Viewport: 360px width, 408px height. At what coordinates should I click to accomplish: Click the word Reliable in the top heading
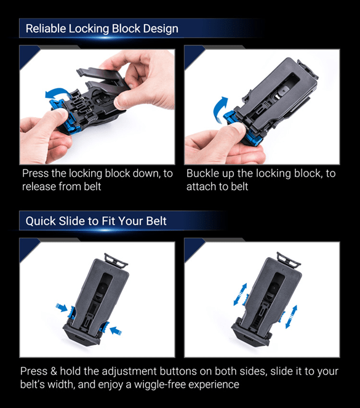click(46, 29)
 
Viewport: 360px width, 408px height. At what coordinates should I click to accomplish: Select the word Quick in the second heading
click(41, 221)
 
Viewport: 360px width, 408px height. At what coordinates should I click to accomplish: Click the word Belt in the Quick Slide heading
click(156, 221)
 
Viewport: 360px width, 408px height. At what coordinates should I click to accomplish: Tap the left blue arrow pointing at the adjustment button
click(62, 307)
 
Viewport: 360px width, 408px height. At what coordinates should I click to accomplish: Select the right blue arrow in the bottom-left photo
click(116, 331)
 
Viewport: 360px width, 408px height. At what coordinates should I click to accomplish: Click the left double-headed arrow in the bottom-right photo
click(240, 294)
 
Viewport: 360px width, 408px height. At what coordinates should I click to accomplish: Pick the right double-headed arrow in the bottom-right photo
click(291, 317)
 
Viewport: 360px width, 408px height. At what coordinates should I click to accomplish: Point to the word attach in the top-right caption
click(201, 186)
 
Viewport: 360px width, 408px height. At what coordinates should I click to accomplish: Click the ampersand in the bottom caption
click(54, 371)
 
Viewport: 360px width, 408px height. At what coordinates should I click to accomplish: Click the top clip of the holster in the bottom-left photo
click(116, 260)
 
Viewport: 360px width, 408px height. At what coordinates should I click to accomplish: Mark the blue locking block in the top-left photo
click(65, 114)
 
